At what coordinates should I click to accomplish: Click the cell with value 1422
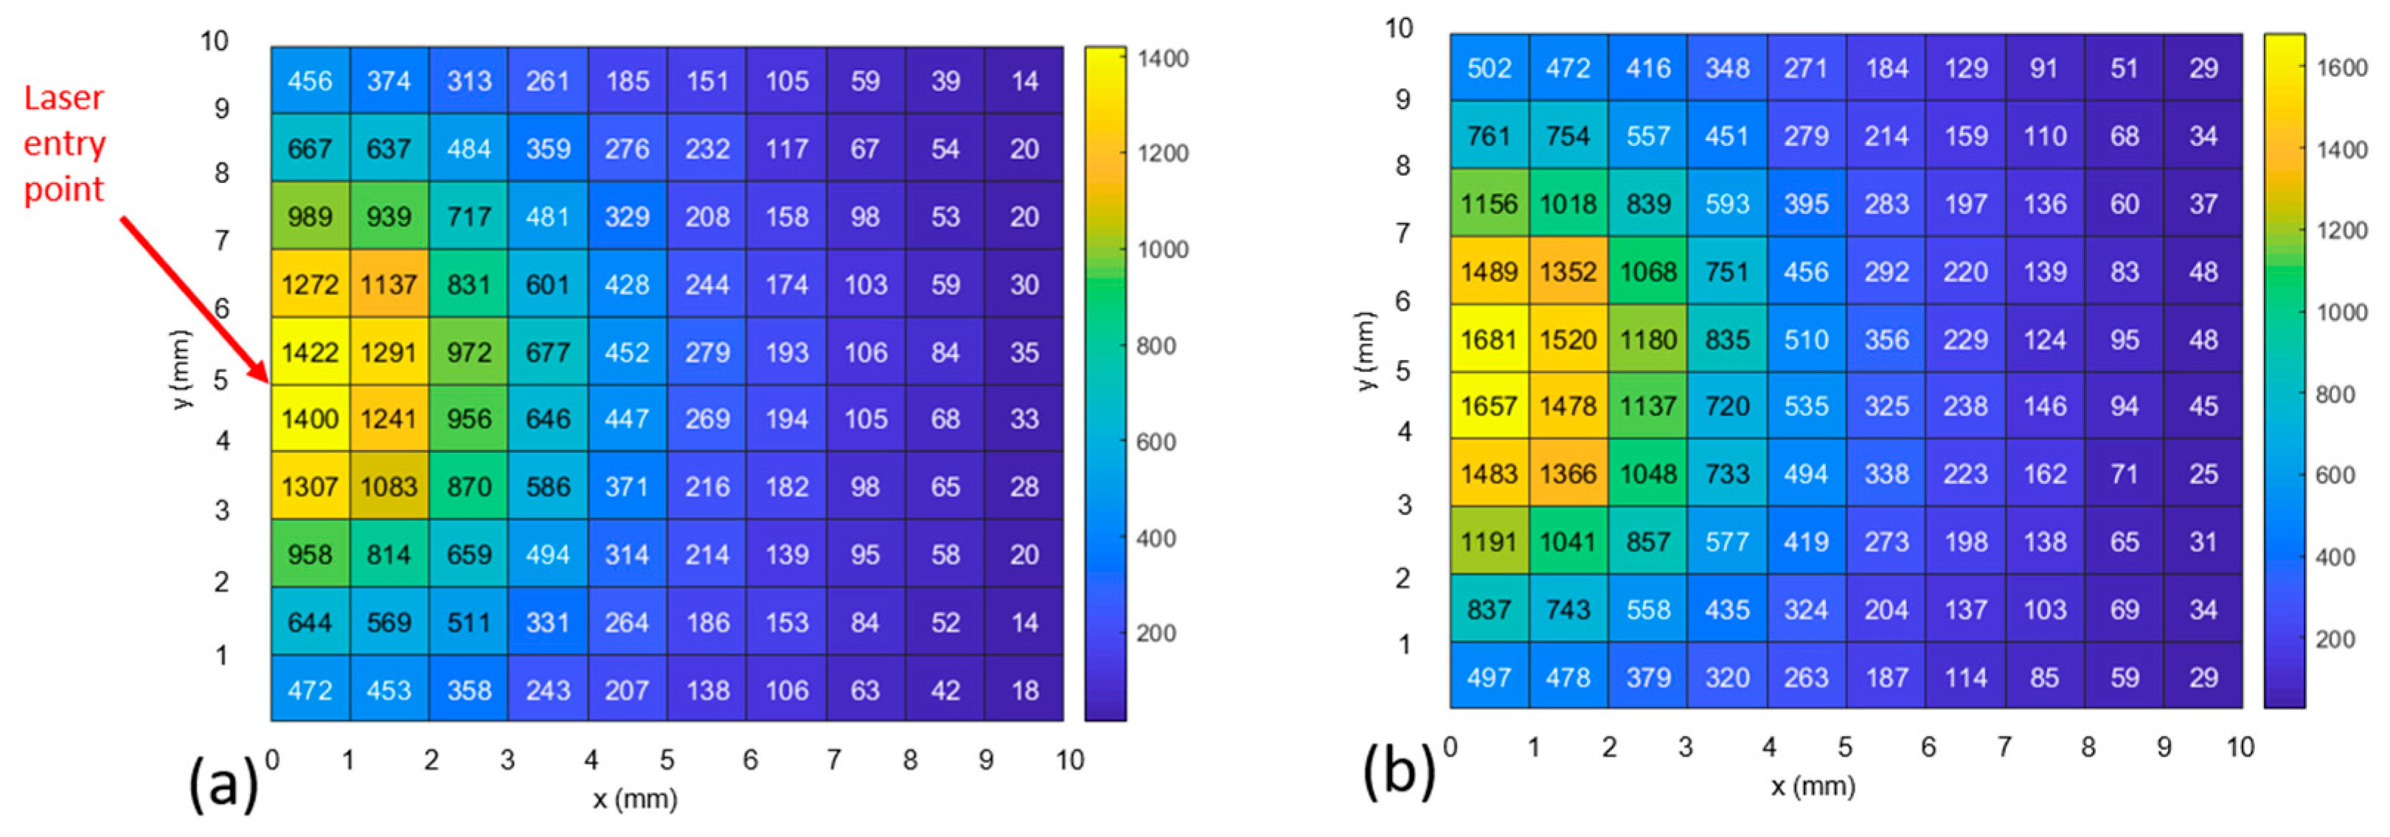click(310, 352)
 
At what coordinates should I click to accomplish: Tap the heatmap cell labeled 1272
click(310, 284)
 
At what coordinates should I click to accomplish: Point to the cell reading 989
click(310, 216)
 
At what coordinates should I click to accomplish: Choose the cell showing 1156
click(1489, 204)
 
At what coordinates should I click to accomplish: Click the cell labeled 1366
click(1568, 473)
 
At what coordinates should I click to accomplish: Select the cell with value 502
click(1489, 68)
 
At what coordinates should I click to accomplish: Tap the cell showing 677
click(547, 352)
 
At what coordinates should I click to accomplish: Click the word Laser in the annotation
click(63, 97)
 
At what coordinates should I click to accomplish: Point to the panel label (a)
click(223, 784)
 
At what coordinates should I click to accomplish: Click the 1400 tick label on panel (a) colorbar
click(1162, 58)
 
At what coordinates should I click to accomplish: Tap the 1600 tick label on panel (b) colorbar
click(2342, 68)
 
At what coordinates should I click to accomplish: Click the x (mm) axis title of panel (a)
click(636, 798)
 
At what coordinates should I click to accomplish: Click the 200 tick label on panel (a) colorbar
click(1156, 633)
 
